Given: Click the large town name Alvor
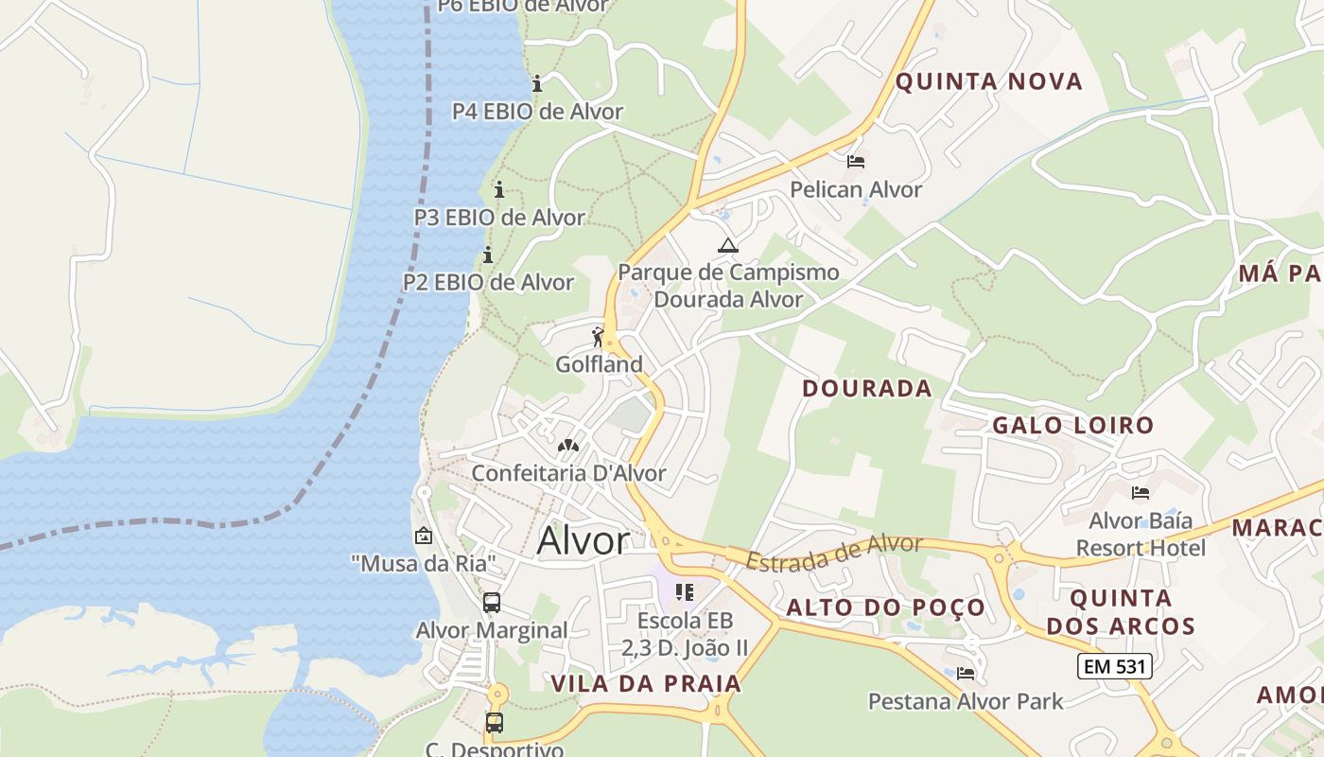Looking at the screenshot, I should tap(583, 541).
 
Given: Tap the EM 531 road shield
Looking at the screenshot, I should tap(1115, 666).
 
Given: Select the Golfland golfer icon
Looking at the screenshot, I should tap(598, 336).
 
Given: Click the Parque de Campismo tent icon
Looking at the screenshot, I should tap(727, 246).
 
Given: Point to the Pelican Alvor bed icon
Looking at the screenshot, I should tap(856, 162).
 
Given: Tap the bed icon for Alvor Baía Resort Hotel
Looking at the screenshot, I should tap(1141, 492).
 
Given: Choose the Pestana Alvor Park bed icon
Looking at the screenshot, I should tap(966, 674).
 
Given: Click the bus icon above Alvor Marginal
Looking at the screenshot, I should tap(491, 603).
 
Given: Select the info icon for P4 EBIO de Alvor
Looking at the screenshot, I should tap(537, 83).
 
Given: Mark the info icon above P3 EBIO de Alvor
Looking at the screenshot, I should tap(499, 189).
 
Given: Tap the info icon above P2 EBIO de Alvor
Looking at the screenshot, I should tap(488, 255).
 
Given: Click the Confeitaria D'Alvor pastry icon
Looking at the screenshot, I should tap(568, 445).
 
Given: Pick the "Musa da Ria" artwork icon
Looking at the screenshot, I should tap(423, 537).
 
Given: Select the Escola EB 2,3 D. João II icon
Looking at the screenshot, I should tap(685, 593).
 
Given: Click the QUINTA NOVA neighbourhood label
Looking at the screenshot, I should tap(988, 81).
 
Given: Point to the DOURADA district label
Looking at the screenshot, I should tap(867, 388).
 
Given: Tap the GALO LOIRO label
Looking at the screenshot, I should tap(1073, 426).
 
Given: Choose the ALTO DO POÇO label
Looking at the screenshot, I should tap(886, 607).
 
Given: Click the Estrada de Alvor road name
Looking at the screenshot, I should tap(834, 553).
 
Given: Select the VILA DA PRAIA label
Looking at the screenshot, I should tap(646, 683).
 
